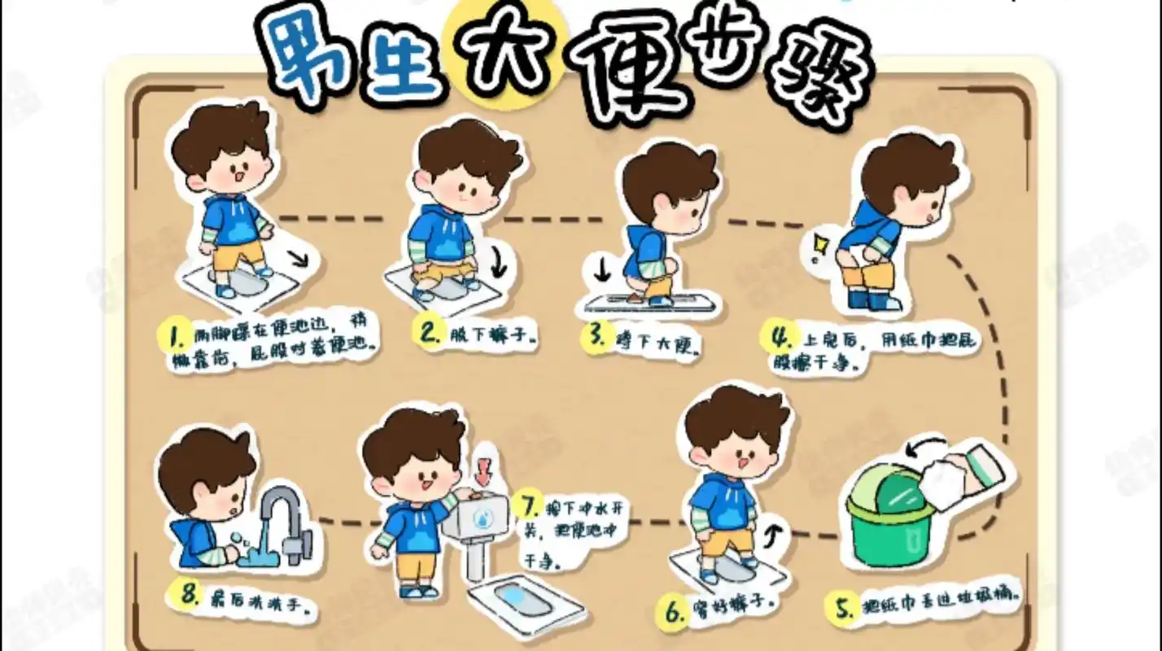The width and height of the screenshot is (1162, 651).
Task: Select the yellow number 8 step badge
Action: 190,594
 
